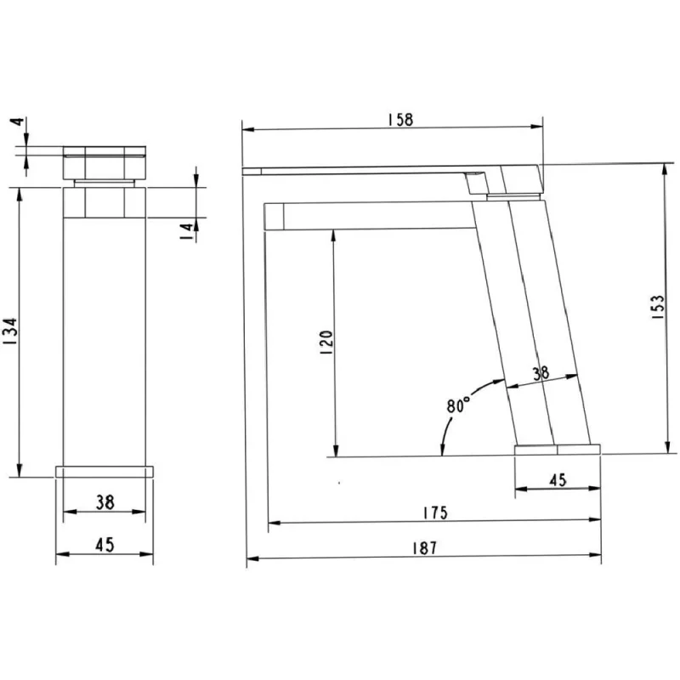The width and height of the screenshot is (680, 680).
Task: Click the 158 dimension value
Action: (400, 120)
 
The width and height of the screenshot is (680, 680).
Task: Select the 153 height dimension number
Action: (657, 307)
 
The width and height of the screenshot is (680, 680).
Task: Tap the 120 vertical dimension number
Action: (326, 343)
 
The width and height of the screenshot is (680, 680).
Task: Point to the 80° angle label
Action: (458, 405)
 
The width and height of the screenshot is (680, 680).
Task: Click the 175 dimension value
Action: (434, 513)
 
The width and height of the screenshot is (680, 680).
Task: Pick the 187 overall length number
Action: (424, 548)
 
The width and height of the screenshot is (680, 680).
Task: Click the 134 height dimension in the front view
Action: (9, 331)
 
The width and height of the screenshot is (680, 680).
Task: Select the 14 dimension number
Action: (187, 232)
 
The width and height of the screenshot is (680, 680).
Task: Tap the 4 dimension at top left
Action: (17, 122)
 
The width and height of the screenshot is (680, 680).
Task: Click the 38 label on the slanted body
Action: (541, 373)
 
